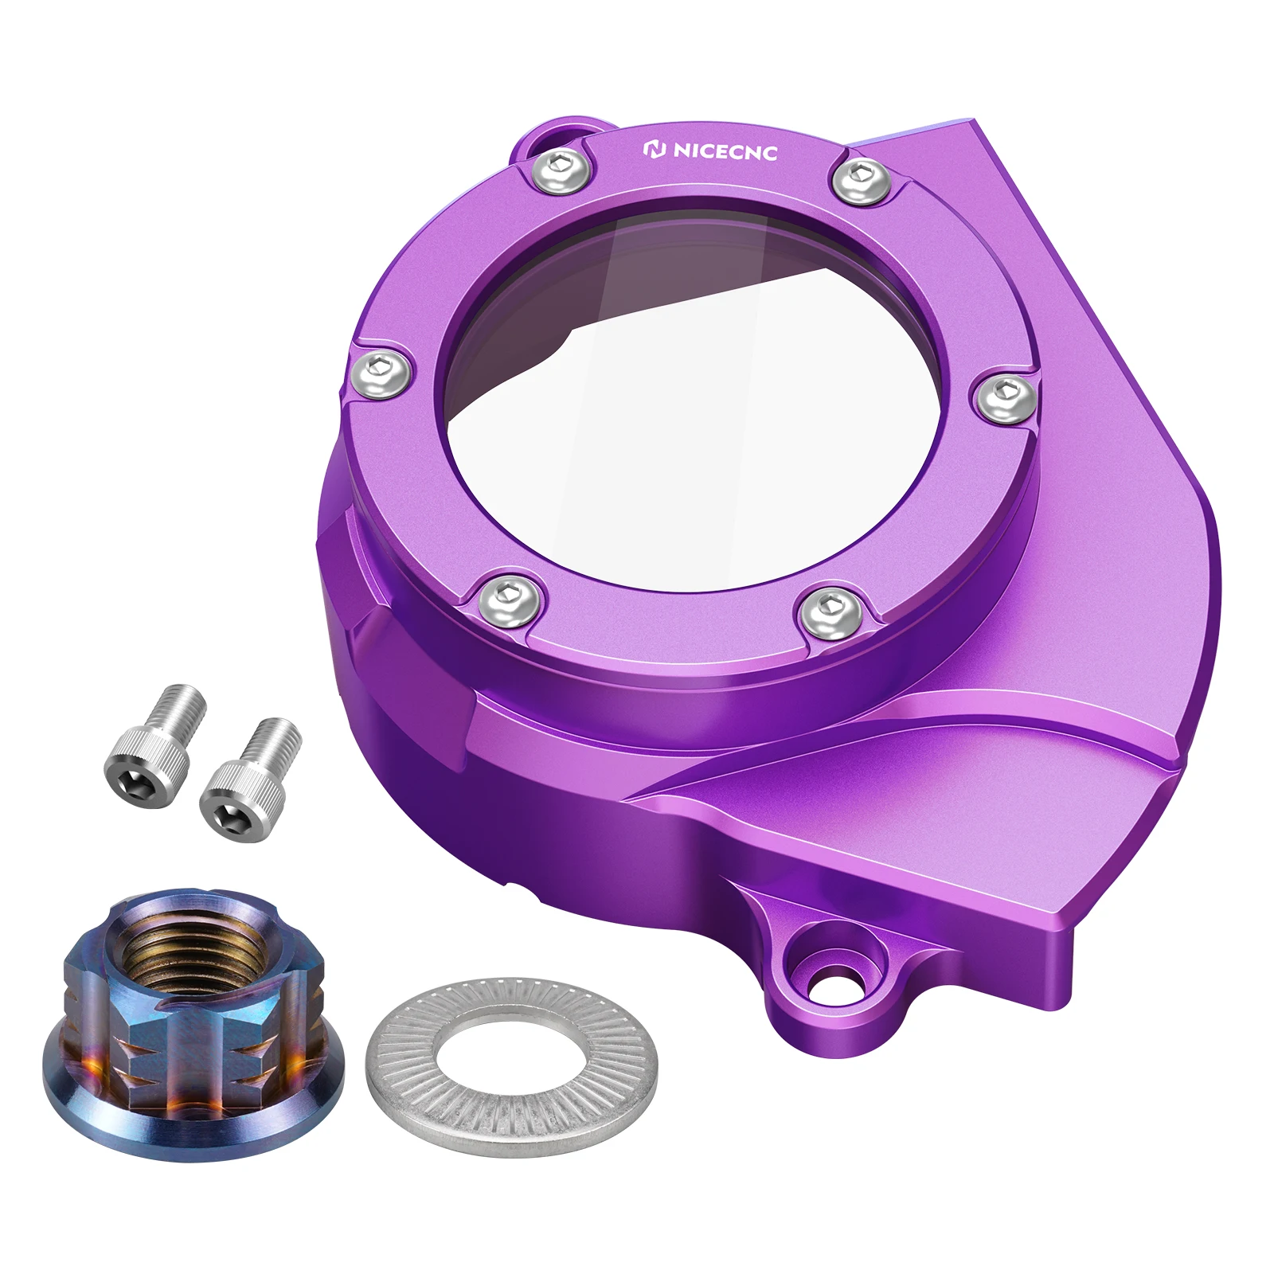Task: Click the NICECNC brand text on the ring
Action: (724, 151)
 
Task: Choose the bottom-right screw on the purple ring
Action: (830, 608)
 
